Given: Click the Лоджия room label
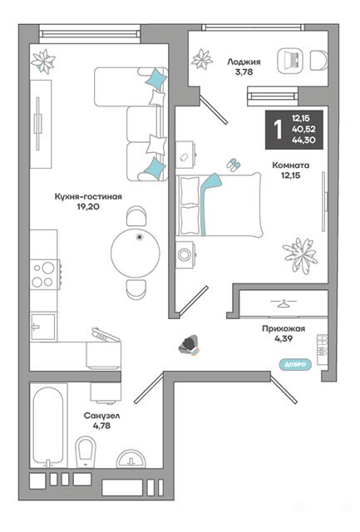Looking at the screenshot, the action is [x=244, y=62].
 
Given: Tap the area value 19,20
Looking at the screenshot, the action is [x=88, y=207].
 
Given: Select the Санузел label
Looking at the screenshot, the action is [x=101, y=416].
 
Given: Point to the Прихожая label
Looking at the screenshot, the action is [x=284, y=328].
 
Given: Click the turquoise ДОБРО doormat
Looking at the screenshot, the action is [x=295, y=364].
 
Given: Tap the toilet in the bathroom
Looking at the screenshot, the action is [x=85, y=451].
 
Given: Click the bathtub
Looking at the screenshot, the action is [x=48, y=426].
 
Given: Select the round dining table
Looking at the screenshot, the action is [x=136, y=253].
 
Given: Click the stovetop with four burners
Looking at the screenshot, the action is [x=44, y=274].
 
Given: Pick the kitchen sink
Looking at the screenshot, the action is [x=42, y=327].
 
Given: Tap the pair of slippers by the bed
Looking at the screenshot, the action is [x=234, y=165].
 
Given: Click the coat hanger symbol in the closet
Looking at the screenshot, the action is [x=283, y=303].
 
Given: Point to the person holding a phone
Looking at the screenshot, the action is [x=190, y=346].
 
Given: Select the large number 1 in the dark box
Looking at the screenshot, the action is [x=278, y=130].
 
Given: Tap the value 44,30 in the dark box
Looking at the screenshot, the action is [x=303, y=140].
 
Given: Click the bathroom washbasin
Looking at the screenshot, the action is [x=131, y=459].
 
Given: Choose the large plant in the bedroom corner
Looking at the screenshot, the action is [x=300, y=254].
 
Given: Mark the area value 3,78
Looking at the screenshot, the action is [x=244, y=72].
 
